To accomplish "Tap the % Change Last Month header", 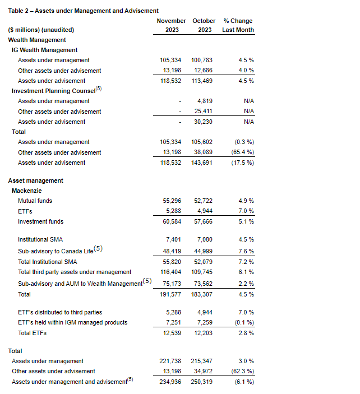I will click(238, 25).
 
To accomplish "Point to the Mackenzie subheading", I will click(29, 191).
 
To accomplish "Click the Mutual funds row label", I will click(34, 201).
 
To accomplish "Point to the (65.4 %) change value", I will click(241, 152).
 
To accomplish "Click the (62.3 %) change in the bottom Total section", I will click(241, 371).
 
